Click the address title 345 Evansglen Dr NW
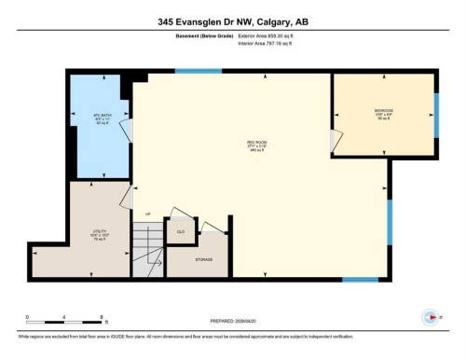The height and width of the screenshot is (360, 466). (232, 20)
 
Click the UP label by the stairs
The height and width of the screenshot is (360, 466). (146, 214)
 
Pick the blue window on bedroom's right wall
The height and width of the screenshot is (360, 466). (435, 113)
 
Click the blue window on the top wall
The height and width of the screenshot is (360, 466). (199, 71)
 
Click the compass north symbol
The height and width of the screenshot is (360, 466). (430, 315)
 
